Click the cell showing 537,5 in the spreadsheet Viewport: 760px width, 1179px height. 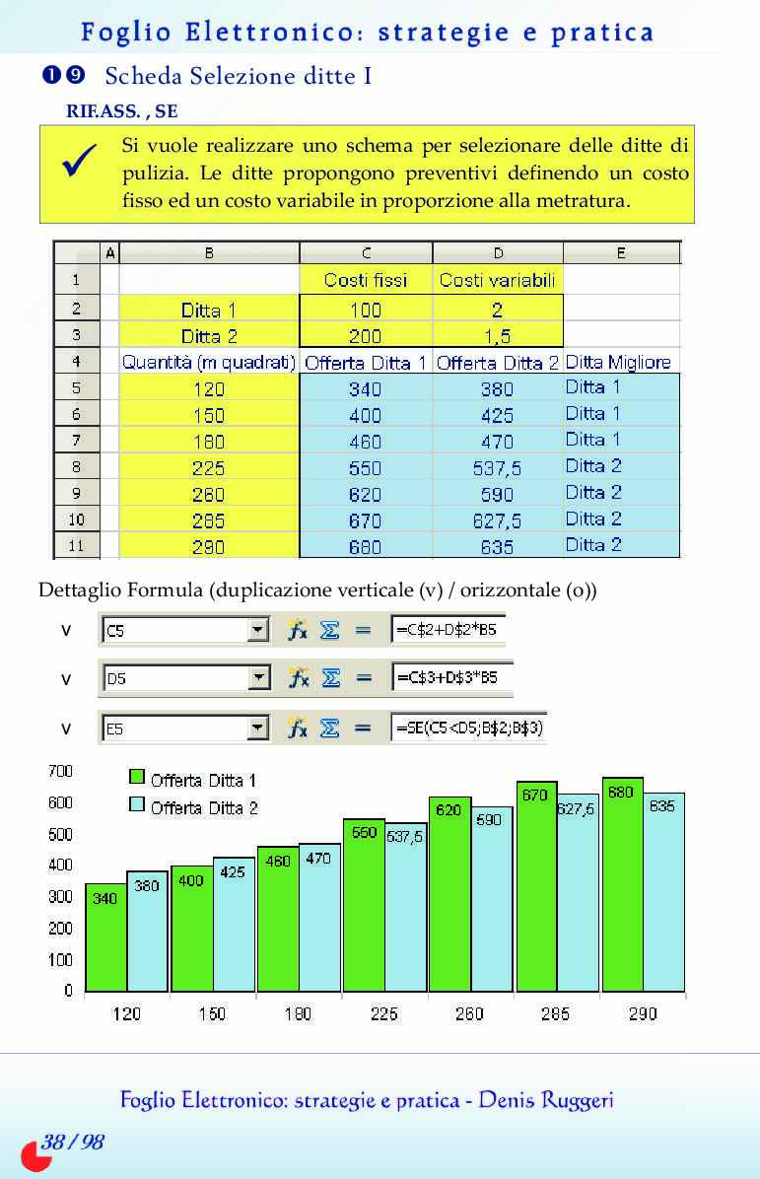[497, 468]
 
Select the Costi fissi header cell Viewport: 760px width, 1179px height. [366, 280]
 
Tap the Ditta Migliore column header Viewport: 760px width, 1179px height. [618, 363]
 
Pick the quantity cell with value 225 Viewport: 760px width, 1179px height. [208, 468]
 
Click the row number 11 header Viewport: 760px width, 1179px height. [76, 545]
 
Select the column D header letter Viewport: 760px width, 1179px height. [498, 253]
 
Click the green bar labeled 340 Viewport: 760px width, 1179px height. [105, 936]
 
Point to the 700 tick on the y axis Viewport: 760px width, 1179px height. [61, 771]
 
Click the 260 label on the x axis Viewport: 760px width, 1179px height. [469, 1013]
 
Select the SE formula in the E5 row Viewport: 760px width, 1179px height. [468, 728]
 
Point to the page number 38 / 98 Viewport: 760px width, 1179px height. [72, 1143]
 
